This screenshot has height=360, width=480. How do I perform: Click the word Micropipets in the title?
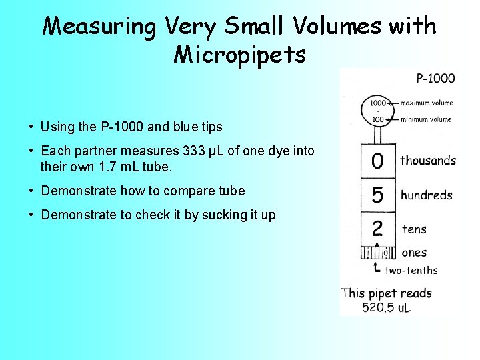coord(240,54)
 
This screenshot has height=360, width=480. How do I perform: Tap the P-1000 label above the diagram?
coord(435,78)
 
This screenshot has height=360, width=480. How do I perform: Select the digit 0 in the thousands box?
coord(377,161)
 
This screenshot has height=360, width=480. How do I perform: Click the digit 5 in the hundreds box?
coord(377,195)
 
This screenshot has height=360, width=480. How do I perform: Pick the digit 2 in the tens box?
coord(377,229)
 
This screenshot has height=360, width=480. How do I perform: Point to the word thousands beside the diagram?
coord(428,160)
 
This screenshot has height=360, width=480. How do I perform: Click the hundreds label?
coord(427,195)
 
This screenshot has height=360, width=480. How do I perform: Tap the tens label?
coord(415,229)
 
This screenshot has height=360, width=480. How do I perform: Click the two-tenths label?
coord(411,270)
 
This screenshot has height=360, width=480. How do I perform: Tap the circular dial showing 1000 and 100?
coord(378,111)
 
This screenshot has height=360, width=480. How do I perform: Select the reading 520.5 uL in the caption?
coord(387,307)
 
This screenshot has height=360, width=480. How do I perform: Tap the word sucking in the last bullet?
coord(214,215)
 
